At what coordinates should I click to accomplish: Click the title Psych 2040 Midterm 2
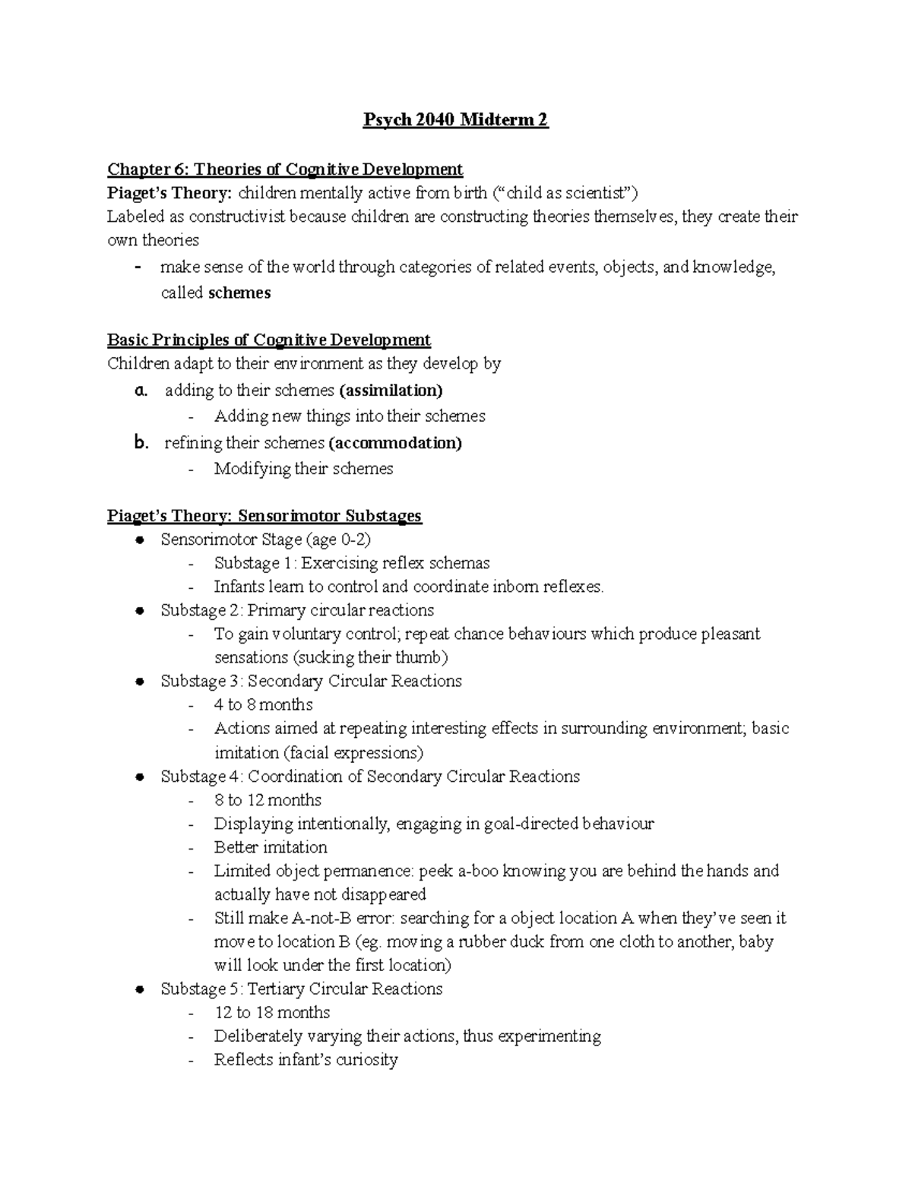click(x=455, y=120)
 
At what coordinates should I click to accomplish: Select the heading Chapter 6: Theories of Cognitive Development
click(x=285, y=169)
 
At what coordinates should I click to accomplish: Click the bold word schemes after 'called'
click(x=239, y=293)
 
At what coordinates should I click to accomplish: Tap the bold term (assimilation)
click(x=391, y=390)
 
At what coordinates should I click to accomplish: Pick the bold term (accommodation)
click(x=394, y=442)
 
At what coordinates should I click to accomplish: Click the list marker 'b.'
click(x=140, y=442)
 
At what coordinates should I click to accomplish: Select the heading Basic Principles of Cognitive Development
click(x=269, y=340)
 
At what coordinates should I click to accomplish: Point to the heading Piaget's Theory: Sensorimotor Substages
click(x=264, y=516)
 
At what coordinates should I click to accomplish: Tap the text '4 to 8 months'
click(x=263, y=704)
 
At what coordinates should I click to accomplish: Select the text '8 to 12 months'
click(x=268, y=799)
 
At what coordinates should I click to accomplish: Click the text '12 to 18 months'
click(x=272, y=1012)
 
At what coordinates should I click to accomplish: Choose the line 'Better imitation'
click(x=271, y=846)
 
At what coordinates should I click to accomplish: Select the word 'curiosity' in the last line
click(x=366, y=1060)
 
